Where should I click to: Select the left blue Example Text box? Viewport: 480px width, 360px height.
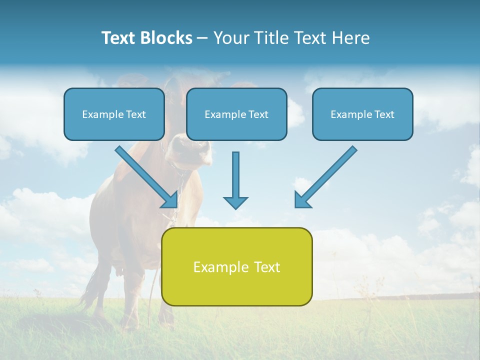click(x=114, y=114)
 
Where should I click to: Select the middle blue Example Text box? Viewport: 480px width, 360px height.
click(x=236, y=114)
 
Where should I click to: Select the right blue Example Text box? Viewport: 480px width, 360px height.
click(x=362, y=114)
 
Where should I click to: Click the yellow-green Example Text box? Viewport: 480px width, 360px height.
click(x=236, y=267)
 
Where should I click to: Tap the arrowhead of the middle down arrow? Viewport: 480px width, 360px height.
click(x=235, y=202)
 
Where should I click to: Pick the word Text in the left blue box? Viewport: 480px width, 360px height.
click(x=135, y=114)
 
